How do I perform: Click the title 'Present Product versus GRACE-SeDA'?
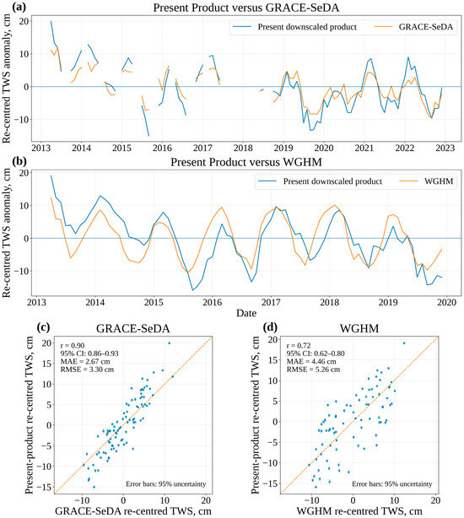pyautogui.click(x=246, y=8)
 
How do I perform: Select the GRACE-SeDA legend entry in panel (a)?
pyautogui.click(x=413, y=27)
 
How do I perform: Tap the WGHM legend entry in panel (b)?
pyautogui.click(x=426, y=181)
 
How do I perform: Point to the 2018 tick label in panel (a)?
pyautogui.click(x=243, y=148)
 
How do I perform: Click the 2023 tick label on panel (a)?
pyautogui.click(x=445, y=148)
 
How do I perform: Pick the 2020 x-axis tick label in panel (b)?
pyautogui.click(x=447, y=302)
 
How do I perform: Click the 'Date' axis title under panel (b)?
pyautogui.click(x=246, y=313)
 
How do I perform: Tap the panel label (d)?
pyautogui.click(x=270, y=327)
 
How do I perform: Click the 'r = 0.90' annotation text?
pyautogui.click(x=73, y=346)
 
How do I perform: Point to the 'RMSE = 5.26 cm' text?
pyautogui.click(x=313, y=370)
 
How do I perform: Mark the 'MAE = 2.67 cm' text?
pyautogui.click(x=85, y=361)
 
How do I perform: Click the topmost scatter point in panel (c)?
pyautogui.click(x=170, y=343)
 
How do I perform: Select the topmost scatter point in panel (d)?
pyautogui.click(x=404, y=343)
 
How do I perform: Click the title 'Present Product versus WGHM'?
pyautogui.click(x=246, y=162)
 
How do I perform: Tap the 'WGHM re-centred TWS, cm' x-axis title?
pyautogui.click(x=359, y=510)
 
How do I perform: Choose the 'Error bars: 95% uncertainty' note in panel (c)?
pyautogui.click(x=166, y=484)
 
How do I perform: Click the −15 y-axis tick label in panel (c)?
pyautogui.click(x=44, y=487)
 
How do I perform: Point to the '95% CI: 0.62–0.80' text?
pyautogui.click(x=316, y=353)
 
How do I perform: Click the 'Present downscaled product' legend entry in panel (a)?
pyautogui.click(x=294, y=27)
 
